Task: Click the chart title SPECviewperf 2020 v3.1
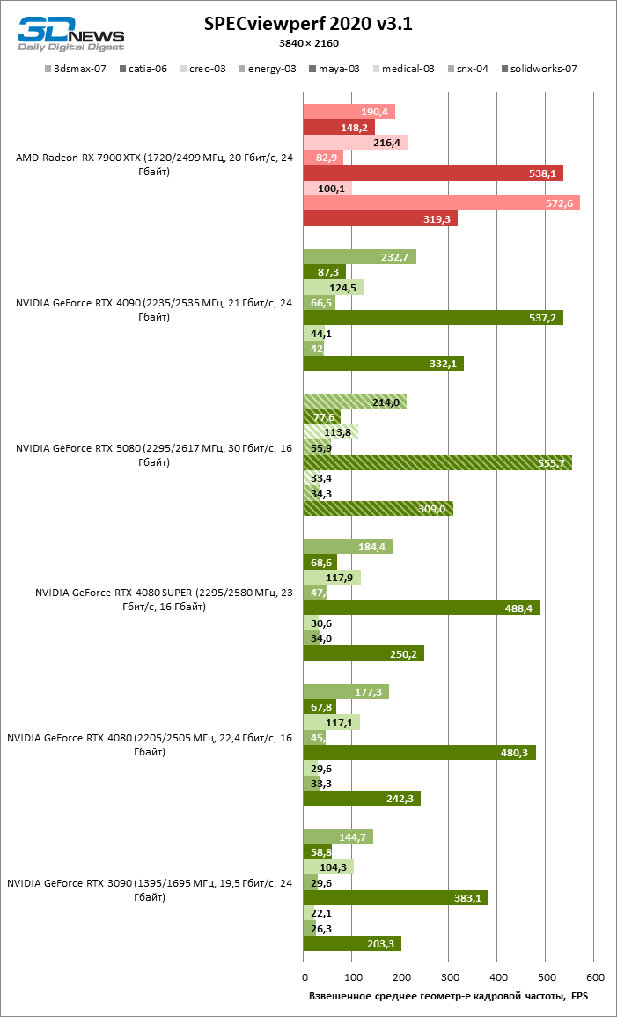(308, 25)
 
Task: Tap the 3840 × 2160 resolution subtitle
(308, 42)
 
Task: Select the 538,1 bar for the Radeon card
(433, 173)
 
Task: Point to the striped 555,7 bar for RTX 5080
(437, 462)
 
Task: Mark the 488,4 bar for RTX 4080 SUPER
(421, 608)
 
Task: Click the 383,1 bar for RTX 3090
(395, 897)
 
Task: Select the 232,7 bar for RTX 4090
(359, 257)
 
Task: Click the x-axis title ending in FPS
(448, 996)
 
